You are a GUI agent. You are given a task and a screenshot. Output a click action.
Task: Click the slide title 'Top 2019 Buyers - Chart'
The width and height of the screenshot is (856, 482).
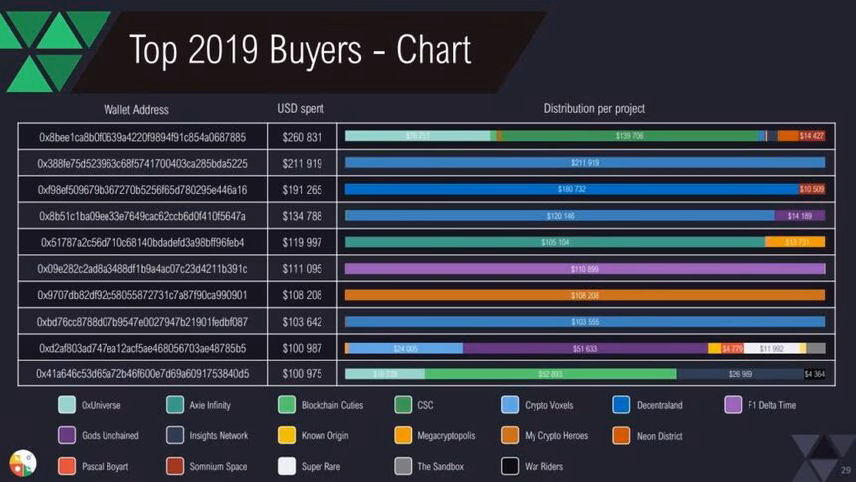coord(300,49)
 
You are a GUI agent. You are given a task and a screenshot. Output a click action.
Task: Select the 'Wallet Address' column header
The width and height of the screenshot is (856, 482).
coord(136,109)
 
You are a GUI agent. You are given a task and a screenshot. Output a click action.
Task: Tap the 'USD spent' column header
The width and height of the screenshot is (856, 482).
coord(301,109)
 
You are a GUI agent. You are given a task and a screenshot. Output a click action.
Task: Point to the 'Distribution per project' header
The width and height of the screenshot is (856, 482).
coord(594,109)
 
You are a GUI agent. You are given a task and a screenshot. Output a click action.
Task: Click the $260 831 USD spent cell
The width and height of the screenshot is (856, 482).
coord(302,137)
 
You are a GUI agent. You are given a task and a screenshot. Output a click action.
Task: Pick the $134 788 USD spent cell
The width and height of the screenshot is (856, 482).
coord(302,216)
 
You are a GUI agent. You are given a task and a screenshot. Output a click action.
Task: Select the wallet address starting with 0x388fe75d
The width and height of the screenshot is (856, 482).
coord(142,163)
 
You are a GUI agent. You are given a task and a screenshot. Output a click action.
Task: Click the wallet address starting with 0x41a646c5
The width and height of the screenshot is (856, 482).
coord(142,374)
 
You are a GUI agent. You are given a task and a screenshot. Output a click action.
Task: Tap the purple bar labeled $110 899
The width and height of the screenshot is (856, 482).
coord(585,269)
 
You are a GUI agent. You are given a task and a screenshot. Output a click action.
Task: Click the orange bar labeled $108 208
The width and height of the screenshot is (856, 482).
coord(585,295)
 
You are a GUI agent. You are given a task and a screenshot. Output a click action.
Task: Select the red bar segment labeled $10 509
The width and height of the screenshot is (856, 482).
coord(812,189)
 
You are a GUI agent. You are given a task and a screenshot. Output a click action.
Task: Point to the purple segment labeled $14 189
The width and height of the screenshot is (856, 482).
coord(800,216)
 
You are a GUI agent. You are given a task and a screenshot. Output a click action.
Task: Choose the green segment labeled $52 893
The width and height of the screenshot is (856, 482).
coord(550,374)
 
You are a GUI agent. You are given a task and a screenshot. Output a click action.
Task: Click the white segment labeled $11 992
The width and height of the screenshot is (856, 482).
coord(771,349)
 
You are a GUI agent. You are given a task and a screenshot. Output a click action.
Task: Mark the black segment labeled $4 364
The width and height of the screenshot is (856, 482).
coord(814,374)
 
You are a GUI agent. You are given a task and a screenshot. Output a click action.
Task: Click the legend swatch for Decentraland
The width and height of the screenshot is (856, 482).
coord(621,405)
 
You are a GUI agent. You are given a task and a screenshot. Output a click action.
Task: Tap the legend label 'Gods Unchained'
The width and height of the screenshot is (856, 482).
coord(110,435)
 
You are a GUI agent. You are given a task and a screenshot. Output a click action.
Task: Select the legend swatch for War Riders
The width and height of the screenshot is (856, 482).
coord(510,465)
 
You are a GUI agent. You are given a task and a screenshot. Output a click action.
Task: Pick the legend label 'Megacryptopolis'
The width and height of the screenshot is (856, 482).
coord(447,435)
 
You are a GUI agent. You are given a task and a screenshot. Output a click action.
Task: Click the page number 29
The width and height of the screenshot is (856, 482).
coord(845,470)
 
